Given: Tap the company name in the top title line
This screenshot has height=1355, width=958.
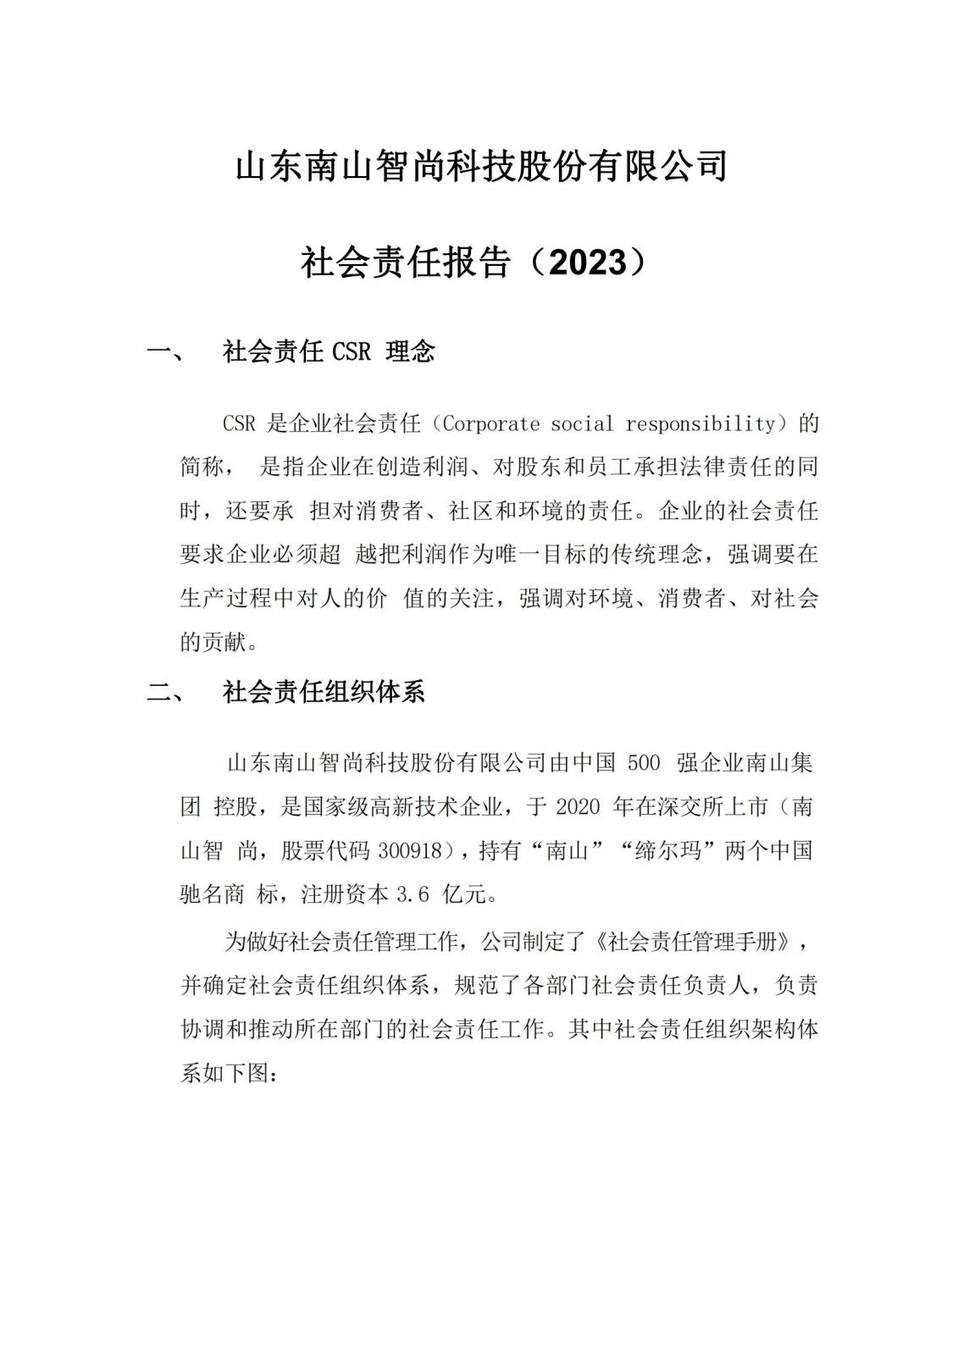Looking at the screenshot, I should (x=479, y=166).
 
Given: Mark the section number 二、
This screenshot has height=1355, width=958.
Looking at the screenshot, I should (x=166, y=693).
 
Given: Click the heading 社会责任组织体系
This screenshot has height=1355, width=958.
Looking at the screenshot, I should (x=324, y=693).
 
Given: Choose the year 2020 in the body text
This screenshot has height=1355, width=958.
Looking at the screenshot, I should (x=578, y=806).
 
